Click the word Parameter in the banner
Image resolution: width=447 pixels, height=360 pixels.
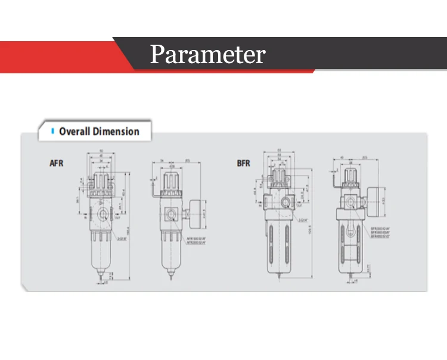(x=207, y=55)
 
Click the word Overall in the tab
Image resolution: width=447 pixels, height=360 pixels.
(x=74, y=132)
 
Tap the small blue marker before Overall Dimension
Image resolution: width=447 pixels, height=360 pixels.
(x=53, y=131)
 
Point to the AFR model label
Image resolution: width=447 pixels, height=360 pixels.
(x=57, y=162)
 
